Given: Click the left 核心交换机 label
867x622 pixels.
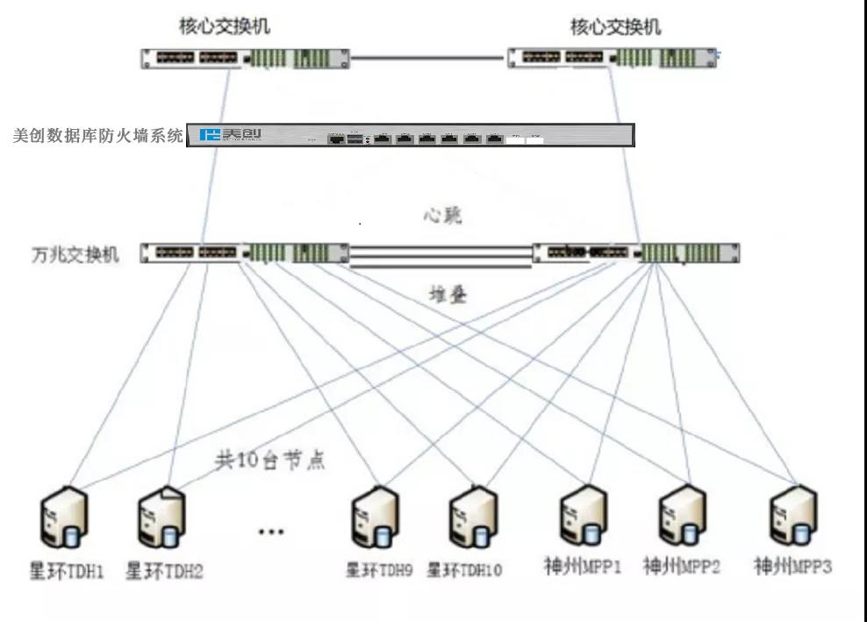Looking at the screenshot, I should pos(225,26).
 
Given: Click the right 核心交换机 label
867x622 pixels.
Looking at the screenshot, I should pos(615,26).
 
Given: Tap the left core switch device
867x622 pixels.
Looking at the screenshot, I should pos(245,59).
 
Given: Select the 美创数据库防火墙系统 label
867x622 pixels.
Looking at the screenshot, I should pos(99,136).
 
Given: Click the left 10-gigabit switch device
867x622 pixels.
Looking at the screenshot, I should pos(245,254).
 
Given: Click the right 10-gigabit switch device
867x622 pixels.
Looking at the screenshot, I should pos(637,254).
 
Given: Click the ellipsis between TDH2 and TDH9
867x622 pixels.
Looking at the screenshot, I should pos(270,531).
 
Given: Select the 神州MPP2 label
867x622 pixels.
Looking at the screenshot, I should pos(681,567).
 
